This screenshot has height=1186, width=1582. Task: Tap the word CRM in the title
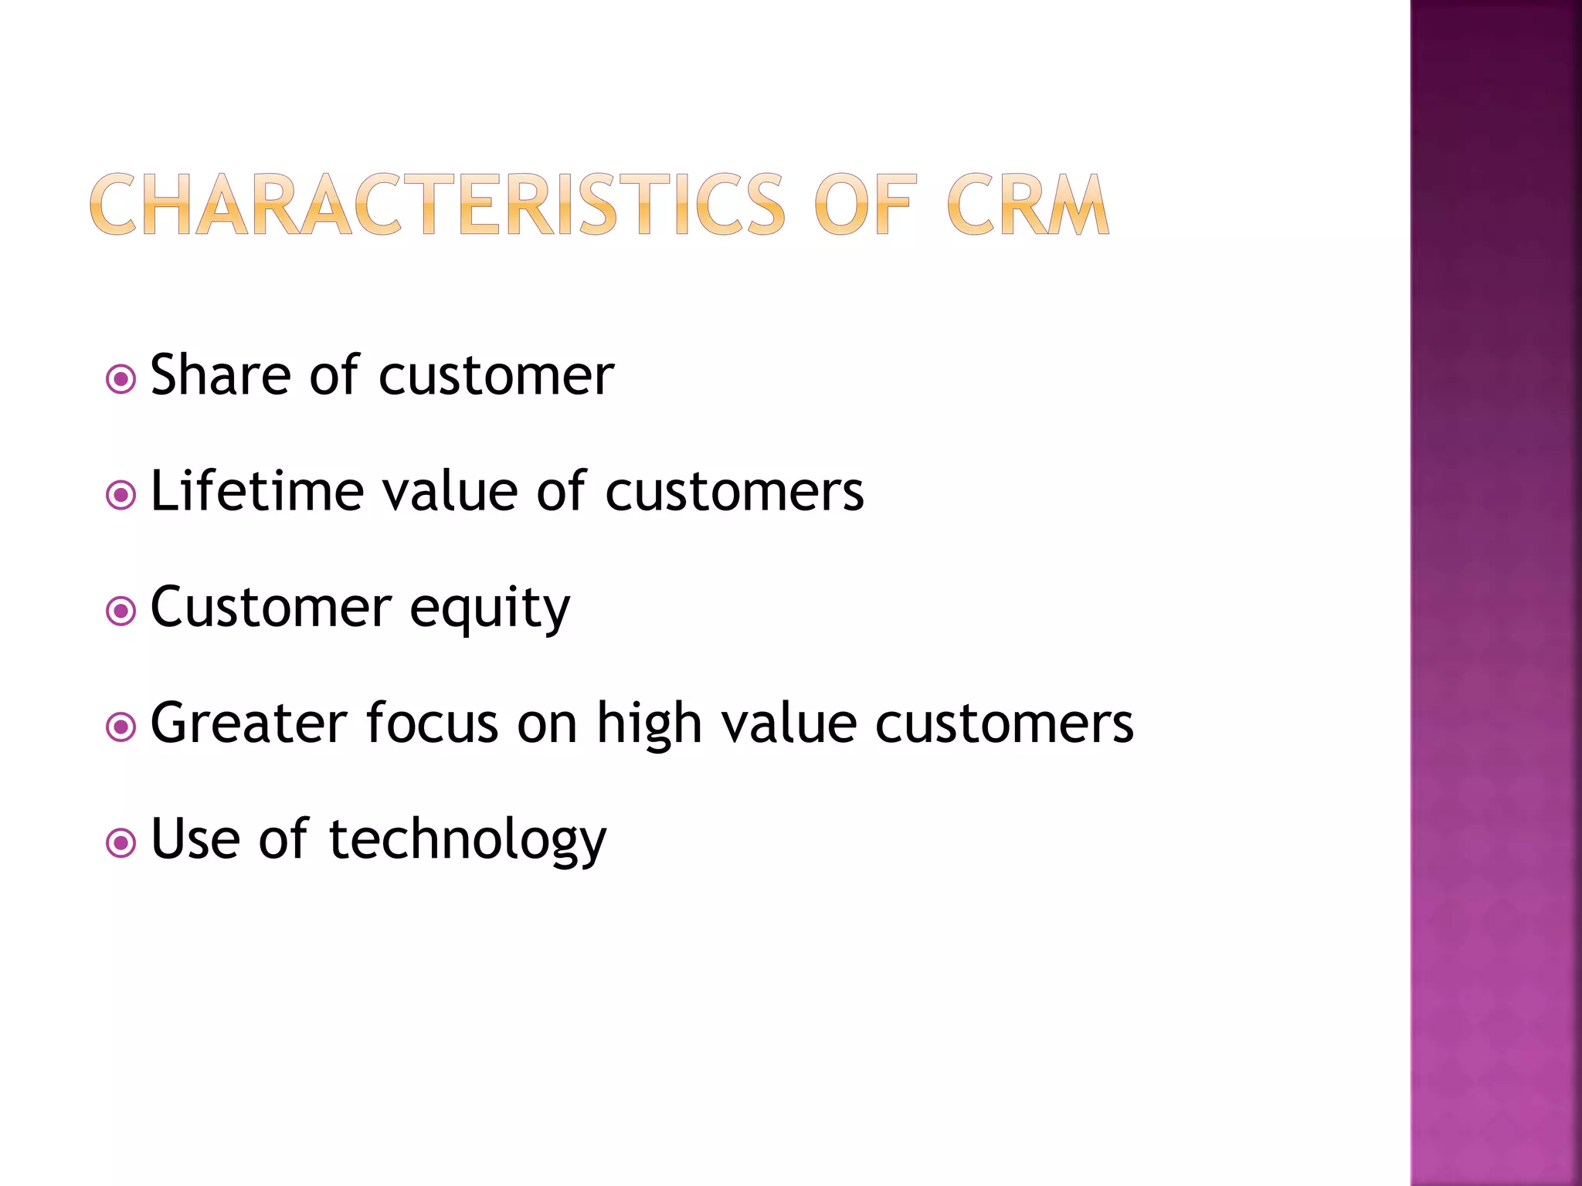(1027, 205)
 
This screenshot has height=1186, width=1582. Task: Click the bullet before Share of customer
(121, 379)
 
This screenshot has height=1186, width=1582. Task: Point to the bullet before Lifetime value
(121, 495)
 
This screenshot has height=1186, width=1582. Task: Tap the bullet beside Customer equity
(121, 612)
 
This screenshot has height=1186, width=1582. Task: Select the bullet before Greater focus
(121, 727)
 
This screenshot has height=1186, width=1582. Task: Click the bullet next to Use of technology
(121, 843)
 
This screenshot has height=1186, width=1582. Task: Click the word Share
(221, 375)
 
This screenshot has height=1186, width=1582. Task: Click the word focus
(432, 723)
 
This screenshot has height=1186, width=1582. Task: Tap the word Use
(195, 839)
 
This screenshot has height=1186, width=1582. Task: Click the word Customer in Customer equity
(270, 608)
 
